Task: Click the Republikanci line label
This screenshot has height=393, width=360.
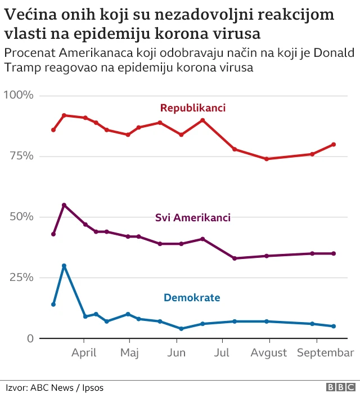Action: coord(192,108)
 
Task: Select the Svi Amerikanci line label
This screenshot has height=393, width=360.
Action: coord(192,217)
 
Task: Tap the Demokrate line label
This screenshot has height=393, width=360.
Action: coord(192,297)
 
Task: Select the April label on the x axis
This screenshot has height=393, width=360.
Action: coord(84,353)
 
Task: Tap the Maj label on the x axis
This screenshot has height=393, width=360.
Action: coord(130,353)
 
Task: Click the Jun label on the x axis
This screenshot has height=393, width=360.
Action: coord(177,353)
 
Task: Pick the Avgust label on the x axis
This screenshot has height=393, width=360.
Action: coord(269,353)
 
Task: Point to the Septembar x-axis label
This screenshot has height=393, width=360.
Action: coord(326,353)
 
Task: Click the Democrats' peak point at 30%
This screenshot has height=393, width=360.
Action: coord(64,266)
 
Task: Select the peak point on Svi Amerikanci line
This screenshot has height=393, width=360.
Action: coord(64,205)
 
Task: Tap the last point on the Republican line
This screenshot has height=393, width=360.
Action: coord(334,144)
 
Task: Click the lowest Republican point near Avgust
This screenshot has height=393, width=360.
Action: coord(267,159)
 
